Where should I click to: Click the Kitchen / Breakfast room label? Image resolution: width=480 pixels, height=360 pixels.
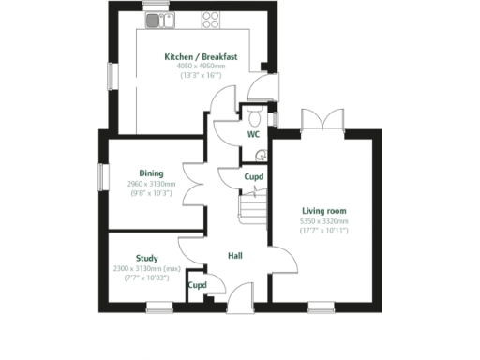(201, 57)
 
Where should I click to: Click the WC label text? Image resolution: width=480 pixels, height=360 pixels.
(253, 134)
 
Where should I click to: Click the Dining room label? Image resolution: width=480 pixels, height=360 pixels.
(151, 173)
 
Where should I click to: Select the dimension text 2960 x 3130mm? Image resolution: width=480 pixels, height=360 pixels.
(151, 184)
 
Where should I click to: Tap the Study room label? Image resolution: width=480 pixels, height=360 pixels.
(146, 258)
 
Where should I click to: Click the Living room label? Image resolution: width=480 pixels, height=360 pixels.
(324, 211)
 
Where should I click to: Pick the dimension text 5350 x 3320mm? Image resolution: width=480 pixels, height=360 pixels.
(324, 221)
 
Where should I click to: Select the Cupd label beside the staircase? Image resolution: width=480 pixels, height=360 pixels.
(253, 176)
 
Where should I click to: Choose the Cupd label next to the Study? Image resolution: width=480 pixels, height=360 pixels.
(197, 285)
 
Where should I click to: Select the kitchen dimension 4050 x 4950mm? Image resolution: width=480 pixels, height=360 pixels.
(201, 67)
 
